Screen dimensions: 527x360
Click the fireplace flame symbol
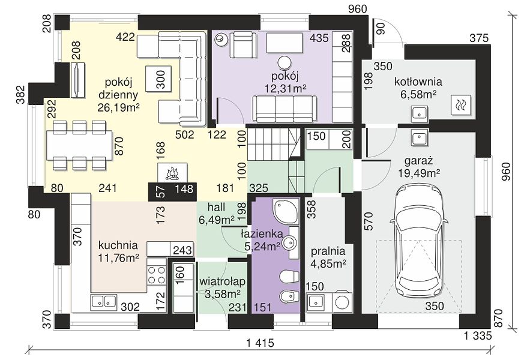point(172,173)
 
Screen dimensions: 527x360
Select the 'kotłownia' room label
point(418,82)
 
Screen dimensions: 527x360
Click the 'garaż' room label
point(418,161)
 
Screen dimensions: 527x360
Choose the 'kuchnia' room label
point(118,245)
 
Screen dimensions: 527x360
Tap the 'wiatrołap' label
point(222,281)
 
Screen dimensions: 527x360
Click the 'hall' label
point(216,207)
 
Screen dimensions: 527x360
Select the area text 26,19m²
point(119,107)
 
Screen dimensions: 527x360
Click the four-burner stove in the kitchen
point(157,275)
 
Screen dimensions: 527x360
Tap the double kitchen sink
point(103,301)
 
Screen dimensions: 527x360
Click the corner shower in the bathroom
point(285,212)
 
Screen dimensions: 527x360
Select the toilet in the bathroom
point(289,277)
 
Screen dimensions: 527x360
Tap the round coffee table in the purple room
point(285,62)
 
